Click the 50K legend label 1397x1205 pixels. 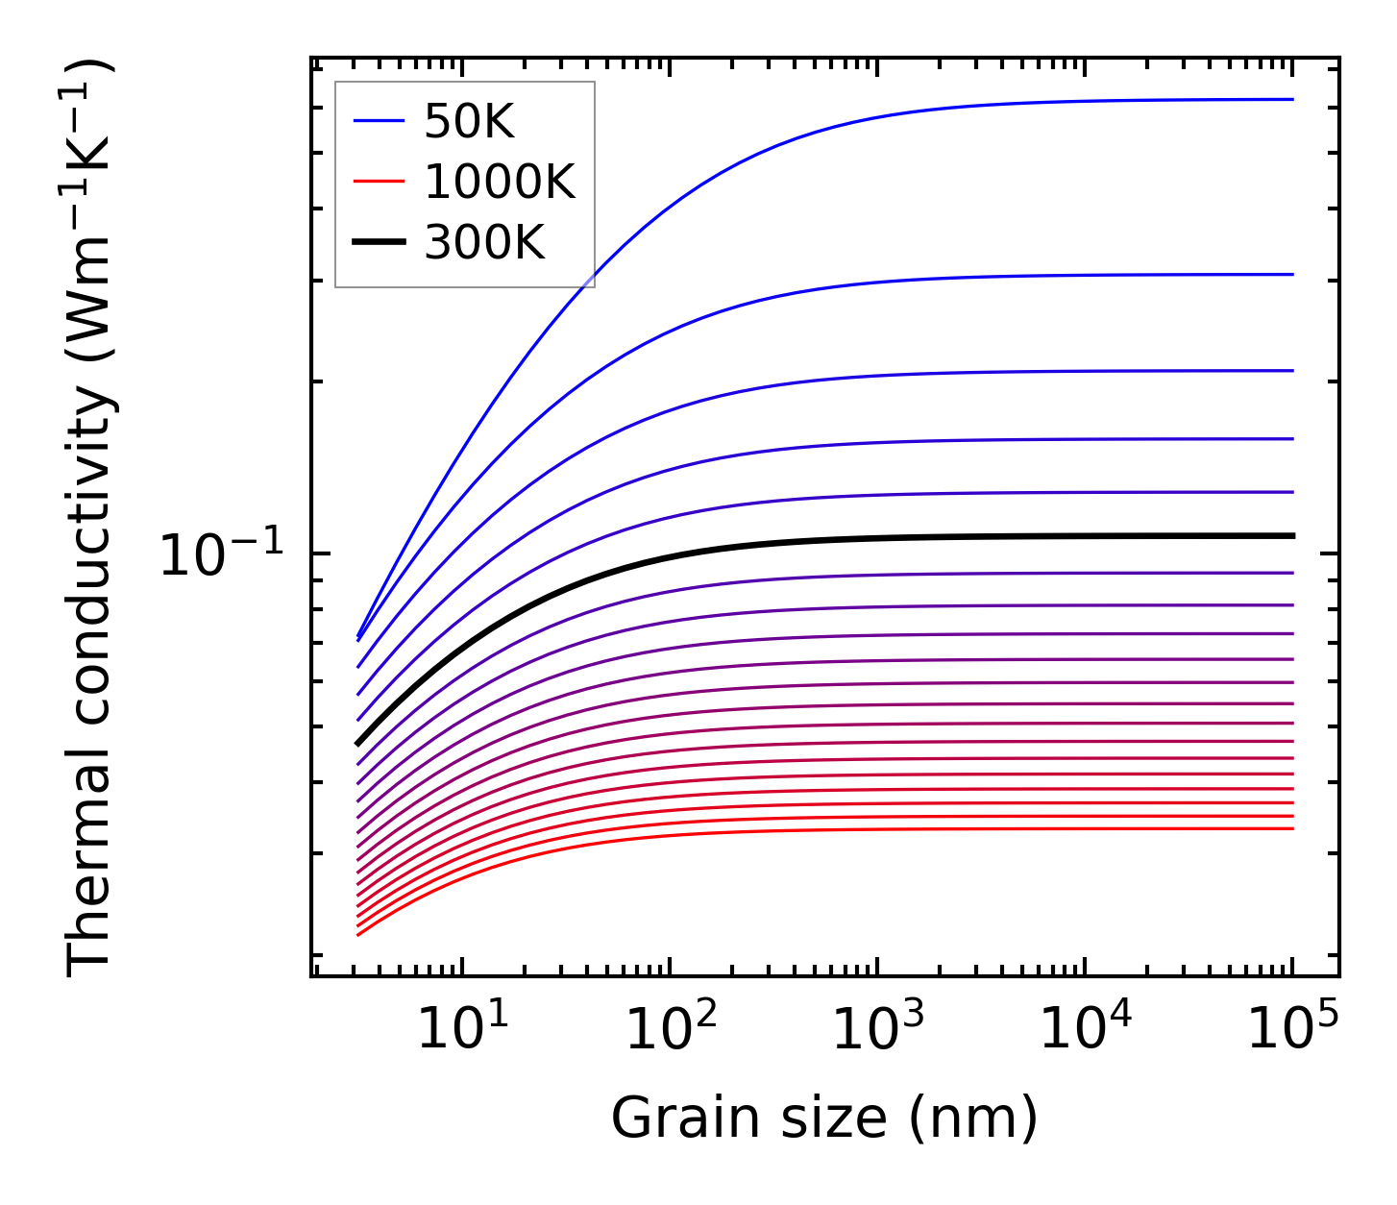tap(469, 122)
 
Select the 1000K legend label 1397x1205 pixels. tap(499, 183)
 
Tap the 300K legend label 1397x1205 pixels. tap(484, 244)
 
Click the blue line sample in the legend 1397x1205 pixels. tap(379, 121)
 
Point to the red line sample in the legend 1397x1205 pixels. tap(379, 183)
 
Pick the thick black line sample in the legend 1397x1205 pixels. tap(379, 243)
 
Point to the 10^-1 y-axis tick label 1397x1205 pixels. tap(222, 555)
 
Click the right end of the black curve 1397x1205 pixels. tap(1292, 535)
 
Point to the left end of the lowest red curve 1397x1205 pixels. tap(358, 934)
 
